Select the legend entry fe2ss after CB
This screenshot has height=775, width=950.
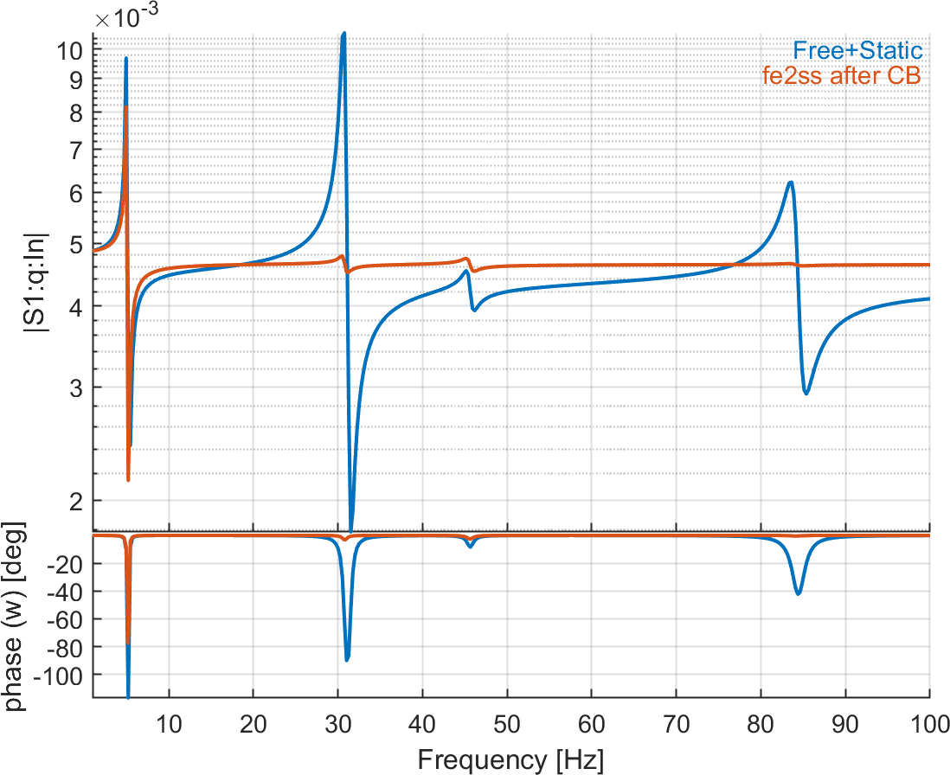841,75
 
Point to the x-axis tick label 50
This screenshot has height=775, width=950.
507,721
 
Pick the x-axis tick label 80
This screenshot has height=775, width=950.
761,721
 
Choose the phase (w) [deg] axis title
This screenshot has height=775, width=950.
19,617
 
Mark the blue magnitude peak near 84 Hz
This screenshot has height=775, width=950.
789,183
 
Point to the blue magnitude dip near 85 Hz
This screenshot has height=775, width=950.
806,394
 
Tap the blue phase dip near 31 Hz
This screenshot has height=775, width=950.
347,660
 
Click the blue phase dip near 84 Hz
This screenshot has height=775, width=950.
798,593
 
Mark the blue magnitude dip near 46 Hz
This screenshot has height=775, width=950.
473,310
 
